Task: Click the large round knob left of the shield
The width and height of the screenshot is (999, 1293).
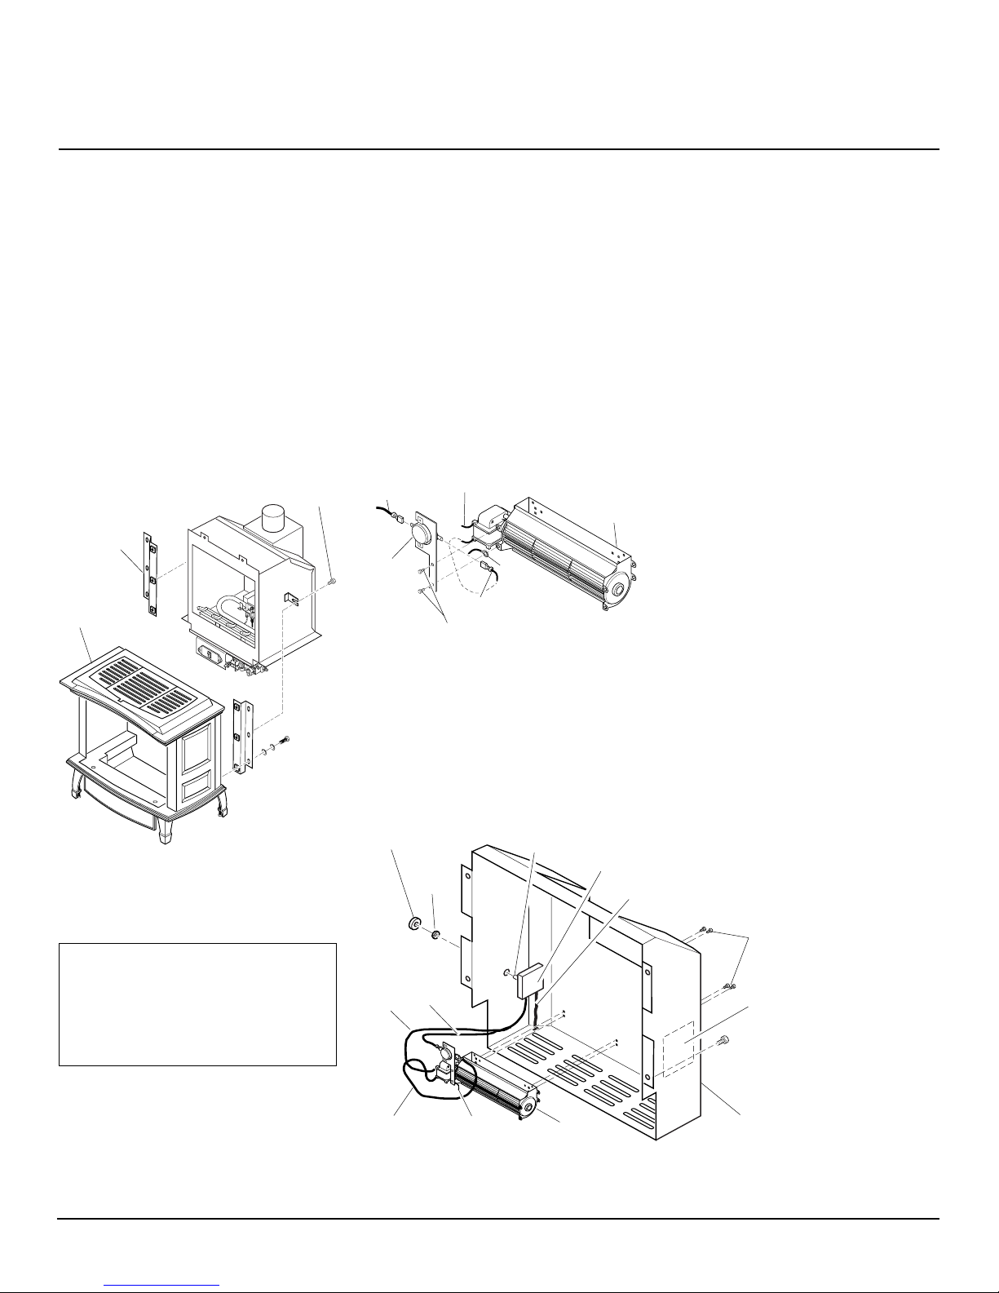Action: pyautogui.click(x=413, y=923)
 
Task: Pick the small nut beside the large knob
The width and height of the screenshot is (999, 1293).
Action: pyautogui.click(x=436, y=932)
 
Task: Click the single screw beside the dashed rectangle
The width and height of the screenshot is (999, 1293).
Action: pyautogui.click(x=723, y=1040)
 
